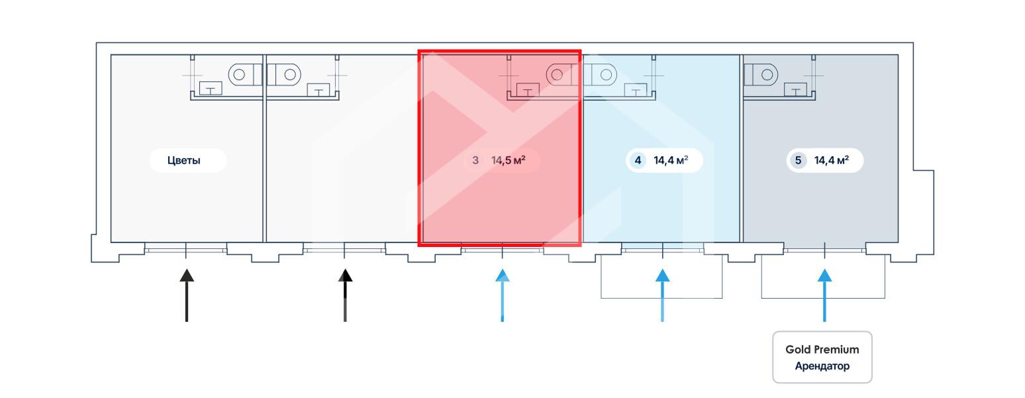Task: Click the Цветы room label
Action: (184, 160)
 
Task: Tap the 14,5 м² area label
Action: (509, 160)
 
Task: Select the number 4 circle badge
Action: (638, 160)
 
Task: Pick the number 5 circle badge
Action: (799, 160)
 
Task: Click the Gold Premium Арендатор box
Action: (822, 358)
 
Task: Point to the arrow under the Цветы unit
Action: (187, 295)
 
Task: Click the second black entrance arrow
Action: (345, 295)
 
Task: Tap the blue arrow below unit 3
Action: (503, 295)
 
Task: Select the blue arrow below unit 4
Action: (663, 295)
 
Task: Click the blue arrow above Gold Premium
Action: (824, 295)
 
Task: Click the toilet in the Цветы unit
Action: (245, 75)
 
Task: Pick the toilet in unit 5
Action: (761, 75)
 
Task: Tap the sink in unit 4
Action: (636, 90)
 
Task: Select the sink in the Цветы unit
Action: (211, 89)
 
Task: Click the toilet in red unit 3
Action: (563, 75)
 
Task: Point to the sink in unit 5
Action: (796, 89)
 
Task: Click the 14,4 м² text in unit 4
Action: (671, 160)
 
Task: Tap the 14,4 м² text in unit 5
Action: (832, 160)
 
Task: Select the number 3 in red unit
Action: (475, 160)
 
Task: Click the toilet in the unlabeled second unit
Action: (283, 75)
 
